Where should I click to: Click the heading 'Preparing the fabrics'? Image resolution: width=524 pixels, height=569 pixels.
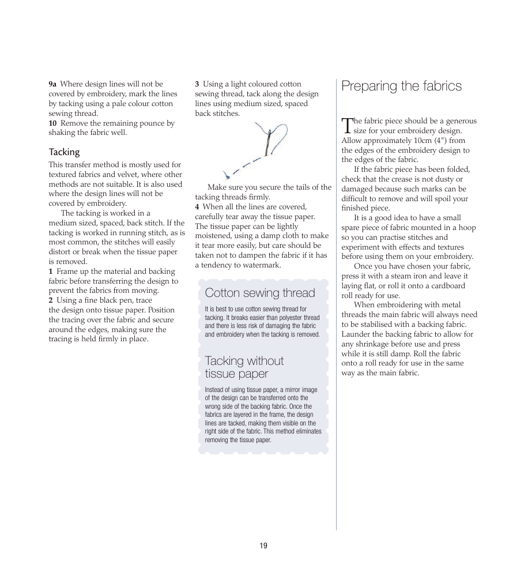(401, 86)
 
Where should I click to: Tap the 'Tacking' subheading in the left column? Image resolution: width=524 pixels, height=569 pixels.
(64, 152)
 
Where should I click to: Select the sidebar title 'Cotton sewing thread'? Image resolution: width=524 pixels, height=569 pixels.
(260, 293)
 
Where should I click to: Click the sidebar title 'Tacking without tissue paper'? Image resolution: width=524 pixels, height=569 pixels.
(244, 367)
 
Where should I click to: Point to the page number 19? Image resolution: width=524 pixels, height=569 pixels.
(263, 546)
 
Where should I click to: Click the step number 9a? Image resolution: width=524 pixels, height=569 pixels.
(52, 84)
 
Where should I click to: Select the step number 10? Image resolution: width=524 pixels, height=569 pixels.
(52, 123)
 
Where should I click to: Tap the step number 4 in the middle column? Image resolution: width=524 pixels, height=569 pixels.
(197, 207)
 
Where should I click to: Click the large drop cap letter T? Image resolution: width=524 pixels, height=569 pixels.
(346, 126)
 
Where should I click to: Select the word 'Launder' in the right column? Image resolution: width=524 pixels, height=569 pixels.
(355, 334)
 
